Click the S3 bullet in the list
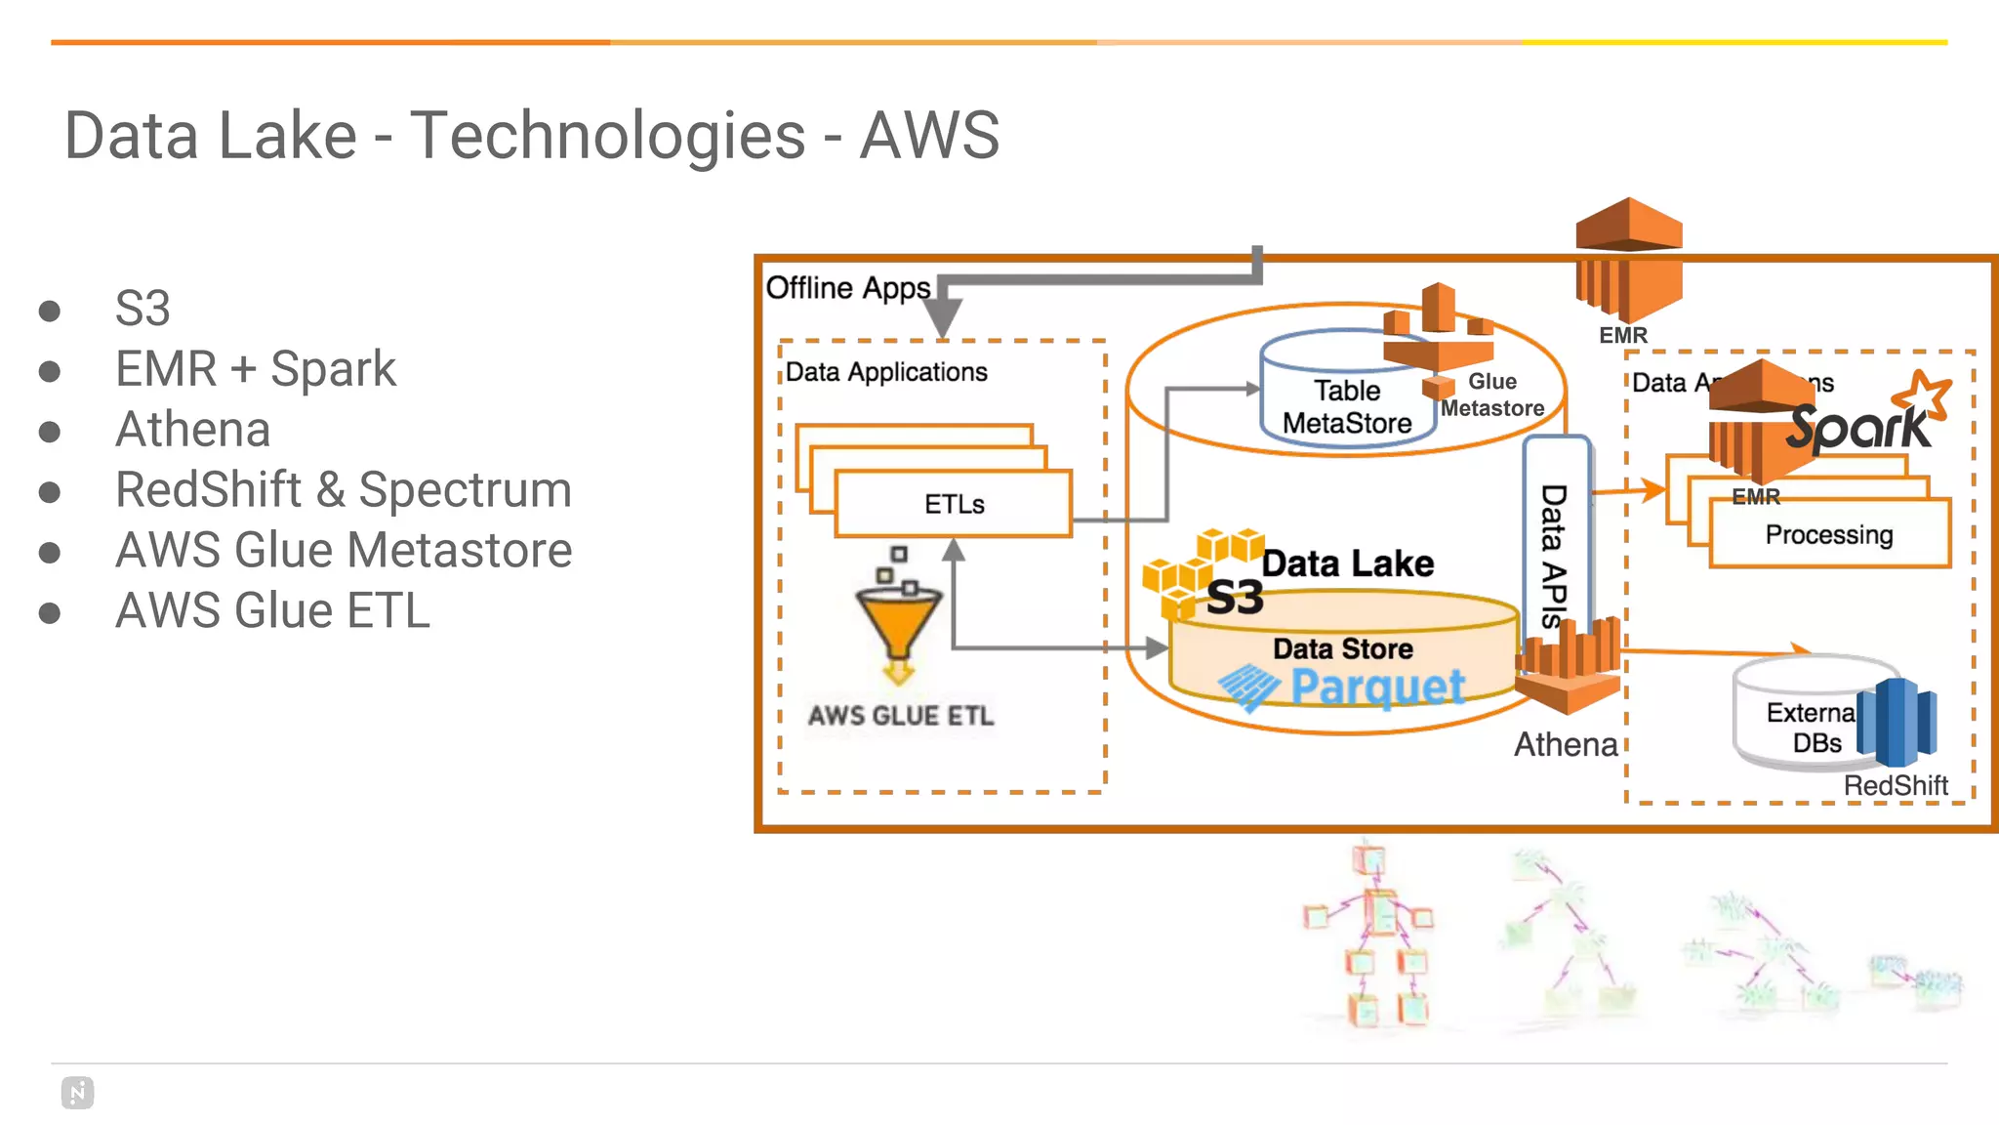point(143,309)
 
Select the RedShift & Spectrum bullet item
point(343,489)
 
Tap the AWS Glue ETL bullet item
point(272,610)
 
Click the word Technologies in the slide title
point(608,135)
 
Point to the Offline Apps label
point(847,288)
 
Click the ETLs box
point(954,504)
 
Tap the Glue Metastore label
point(1491,395)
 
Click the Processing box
point(1828,535)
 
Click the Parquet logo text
point(1377,687)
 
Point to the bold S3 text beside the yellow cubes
point(1235,598)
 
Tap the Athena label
point(1565,744)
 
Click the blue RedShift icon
point(1897,722)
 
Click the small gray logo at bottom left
point(77,1093)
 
